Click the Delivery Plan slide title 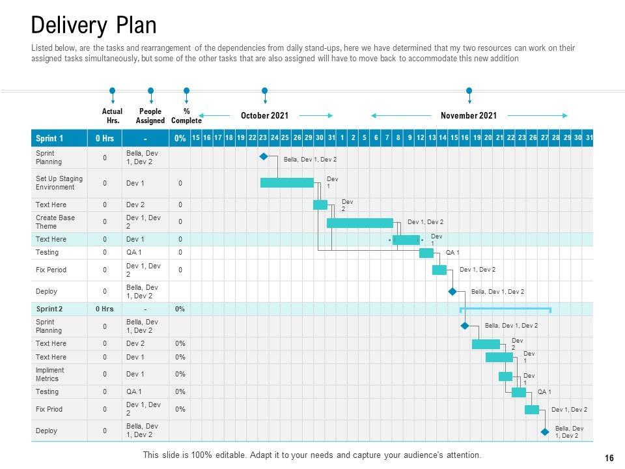point(94,25)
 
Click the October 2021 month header point(264,115)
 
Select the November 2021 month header point(469,115)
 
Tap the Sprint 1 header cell point(50,138)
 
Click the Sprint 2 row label point(49,309)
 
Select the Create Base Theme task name point(55,222)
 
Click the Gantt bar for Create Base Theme point(359,223)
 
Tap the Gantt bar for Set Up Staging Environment point(286,183)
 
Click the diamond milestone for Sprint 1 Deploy point(452,292)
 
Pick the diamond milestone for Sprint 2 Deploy point(544,431)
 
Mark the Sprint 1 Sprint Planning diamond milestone point(264,157)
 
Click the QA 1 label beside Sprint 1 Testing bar point(452,253)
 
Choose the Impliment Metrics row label point(50,374)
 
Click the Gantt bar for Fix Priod point(532,410)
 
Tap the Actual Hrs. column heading point(112,116)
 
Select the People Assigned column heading point(150,116)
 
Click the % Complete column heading point(186,116)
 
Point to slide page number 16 point(609,458)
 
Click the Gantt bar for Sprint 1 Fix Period point(439,270)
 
